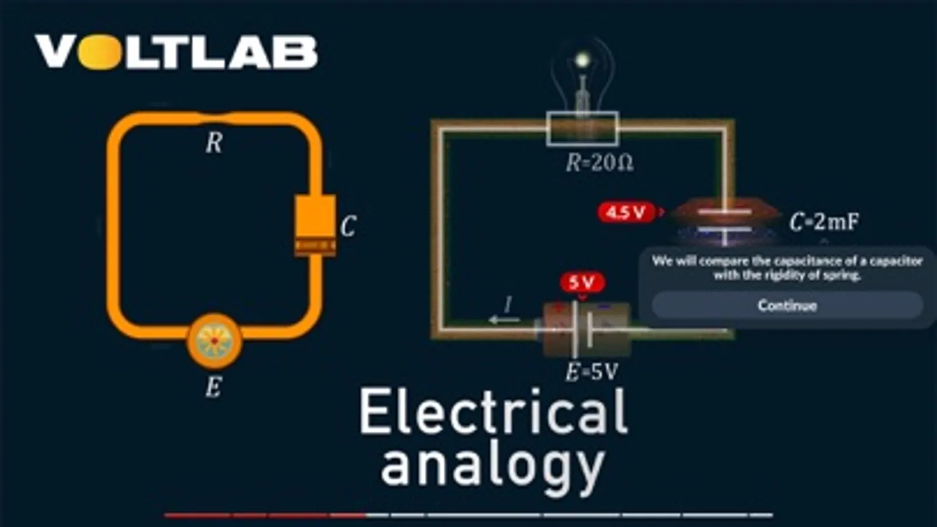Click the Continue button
pos(787,305)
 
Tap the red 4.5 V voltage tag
pos(626,212)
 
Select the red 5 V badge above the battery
pos(582,283)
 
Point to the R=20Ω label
pos(599,163)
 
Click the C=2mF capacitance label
pos(824,222)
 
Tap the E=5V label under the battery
pos(591,372)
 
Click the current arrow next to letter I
pos(503,320)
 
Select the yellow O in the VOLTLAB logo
pos(98,52)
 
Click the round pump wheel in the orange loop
pos(214,340)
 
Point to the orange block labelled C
pos(315,225)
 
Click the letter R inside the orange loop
pos(214,143)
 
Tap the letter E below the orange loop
pos(213,387)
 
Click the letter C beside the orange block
pos(348,226)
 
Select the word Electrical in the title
pos(493,412)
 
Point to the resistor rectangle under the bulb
pos(582,129)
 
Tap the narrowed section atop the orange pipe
pos(214,118)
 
